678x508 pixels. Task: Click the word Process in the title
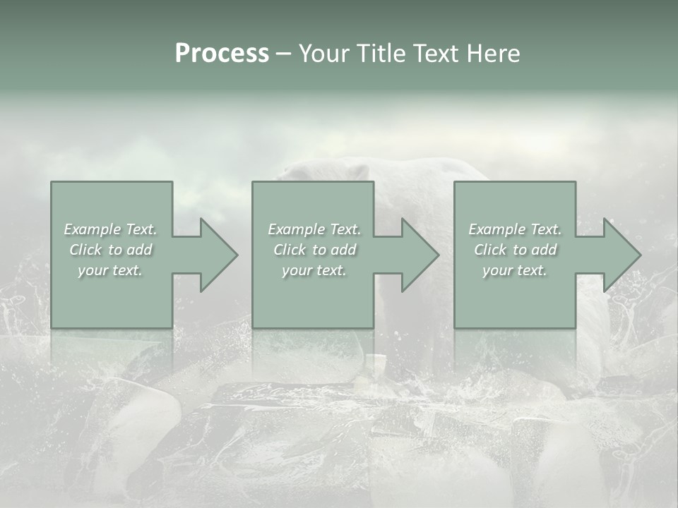coord(222,54)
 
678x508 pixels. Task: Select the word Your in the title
coord(323,54)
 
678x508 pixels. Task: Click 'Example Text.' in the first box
coord(110,229)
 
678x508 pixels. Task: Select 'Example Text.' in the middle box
coord(314,229)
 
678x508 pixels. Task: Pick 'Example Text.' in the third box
coord(515,229)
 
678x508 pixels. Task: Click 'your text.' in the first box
coord(110,270)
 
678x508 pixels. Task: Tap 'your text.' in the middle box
coord(314,270)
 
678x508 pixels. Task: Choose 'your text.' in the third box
coord(515,270)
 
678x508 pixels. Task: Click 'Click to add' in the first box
coord(110,250)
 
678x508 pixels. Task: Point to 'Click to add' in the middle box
coord(314,250)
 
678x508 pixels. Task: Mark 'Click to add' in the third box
coord(515,250)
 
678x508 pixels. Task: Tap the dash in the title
coord(283,54)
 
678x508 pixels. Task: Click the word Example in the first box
coord(92,229)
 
